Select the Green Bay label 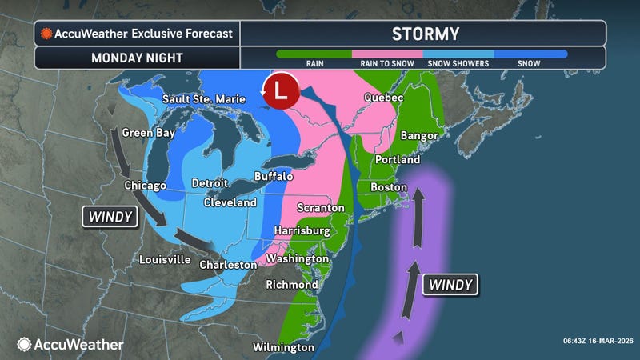pyautogui.click(x=149, y=134)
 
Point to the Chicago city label pyautogui.click(x=145, y=185)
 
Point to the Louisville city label pyautogui.click(x=165, y=260)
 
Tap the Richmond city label pyautogui.click(x=290, y=284)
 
